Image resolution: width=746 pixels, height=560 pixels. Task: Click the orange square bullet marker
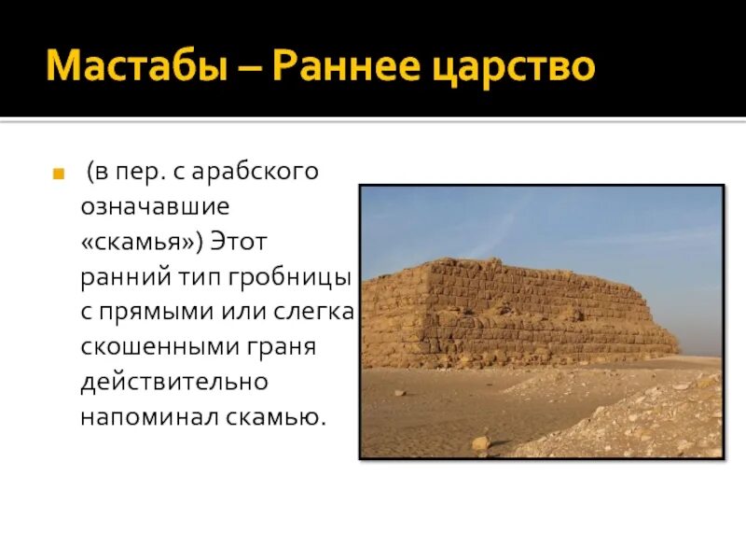[58, 174]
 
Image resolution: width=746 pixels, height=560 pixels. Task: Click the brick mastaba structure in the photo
[522, 308]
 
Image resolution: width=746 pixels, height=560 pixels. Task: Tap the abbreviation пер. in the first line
[140, 173]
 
